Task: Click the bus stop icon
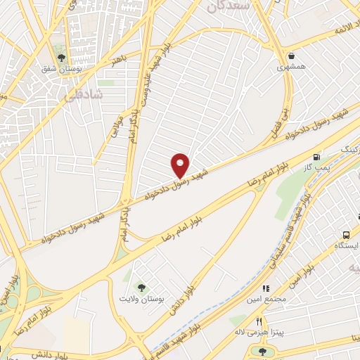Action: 346,234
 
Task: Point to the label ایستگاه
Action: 346,246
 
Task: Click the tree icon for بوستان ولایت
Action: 143,287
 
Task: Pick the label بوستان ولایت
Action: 143,299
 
